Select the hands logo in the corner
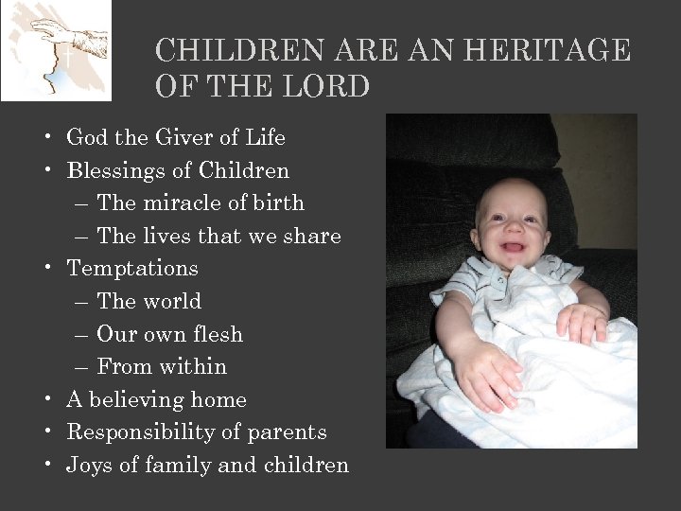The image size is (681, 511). [56, 50]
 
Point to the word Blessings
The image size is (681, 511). [111, 170]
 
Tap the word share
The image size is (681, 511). [310, 236]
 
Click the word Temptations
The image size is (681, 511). [132, 268]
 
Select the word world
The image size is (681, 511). [172, 301]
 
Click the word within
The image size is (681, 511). [194, 366]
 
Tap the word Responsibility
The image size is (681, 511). [134, 432]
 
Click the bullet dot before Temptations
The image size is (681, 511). [46, 269]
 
